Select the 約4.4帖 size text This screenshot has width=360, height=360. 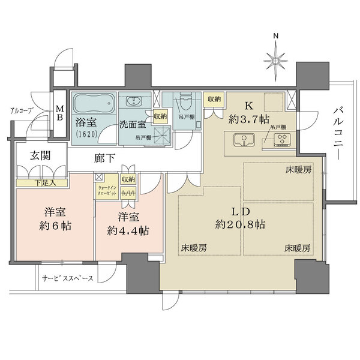pos(130,230)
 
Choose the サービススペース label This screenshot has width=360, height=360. pos(67,278)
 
